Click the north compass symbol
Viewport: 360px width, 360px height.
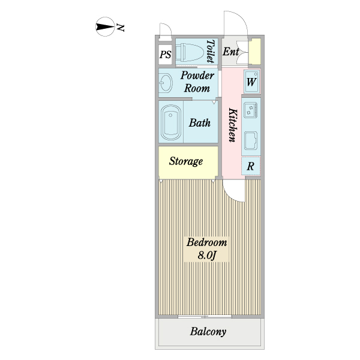click(105, 27)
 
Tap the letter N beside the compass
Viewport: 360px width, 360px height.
click(121, 28)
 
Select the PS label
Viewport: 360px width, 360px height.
click(166, 55)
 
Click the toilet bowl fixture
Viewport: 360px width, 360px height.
click(190, 53)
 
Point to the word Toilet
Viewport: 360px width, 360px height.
click(211, 51)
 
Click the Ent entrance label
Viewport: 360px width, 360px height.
click(231, 52)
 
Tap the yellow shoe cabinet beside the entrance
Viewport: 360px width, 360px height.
click(255, 51)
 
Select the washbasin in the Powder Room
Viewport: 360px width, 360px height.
click(166, 83)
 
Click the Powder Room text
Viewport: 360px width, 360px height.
click(197, 82)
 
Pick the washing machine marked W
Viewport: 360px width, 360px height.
click(251, 82)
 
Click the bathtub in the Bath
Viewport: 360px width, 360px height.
click(171, 122)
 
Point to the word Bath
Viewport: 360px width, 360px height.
click(200, 123)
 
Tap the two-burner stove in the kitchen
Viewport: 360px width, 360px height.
click(250, 110)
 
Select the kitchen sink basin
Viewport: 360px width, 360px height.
click(250, 140)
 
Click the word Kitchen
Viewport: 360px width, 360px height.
click(233, 125)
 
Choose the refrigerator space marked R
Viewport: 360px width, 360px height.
click(251, 166)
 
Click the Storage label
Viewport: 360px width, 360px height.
click(186, 161)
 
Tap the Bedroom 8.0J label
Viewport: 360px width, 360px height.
click(206, 249)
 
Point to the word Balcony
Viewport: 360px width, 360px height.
click(208, 332)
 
